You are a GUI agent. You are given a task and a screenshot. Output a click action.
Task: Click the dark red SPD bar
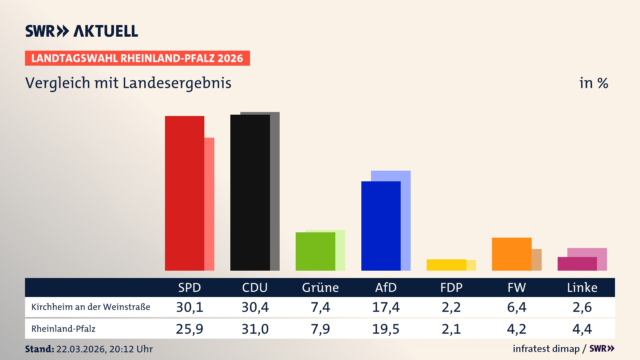[184, 193]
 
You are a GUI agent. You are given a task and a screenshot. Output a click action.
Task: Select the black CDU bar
[250, 193]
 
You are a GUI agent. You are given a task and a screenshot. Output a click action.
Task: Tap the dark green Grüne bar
[315, 251]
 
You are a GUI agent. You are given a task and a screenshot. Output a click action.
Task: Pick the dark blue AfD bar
[381, 226]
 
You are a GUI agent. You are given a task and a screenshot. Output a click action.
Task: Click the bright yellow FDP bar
[446, 265]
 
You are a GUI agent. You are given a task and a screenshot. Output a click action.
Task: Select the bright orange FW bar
[511, 254]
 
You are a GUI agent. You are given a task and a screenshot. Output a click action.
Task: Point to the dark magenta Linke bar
[577, 264]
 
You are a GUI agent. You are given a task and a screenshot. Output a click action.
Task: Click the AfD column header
[386, 287]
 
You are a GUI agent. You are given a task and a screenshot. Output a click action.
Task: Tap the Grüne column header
[320, 287]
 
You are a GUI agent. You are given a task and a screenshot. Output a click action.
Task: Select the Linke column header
[582, 287]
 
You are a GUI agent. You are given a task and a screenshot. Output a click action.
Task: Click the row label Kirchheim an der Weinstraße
[91, 307]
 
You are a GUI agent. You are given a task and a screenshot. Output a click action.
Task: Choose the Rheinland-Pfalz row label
[63, 329]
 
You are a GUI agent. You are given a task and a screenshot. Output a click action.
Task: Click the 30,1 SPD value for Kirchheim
[190, 307]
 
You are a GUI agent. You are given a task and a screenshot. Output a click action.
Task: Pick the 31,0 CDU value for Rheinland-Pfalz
[255, 329]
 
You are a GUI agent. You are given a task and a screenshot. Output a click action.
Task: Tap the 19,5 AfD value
[386, 329]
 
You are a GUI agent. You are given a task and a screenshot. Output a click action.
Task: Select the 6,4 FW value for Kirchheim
[517, 307]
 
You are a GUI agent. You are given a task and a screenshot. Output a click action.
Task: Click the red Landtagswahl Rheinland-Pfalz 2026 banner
[137, 58]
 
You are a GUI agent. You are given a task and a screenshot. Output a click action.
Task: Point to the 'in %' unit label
[593, 83]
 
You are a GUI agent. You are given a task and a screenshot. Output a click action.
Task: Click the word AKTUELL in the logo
[106, 31]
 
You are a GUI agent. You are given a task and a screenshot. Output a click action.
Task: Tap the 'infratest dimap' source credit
[546, 349]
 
